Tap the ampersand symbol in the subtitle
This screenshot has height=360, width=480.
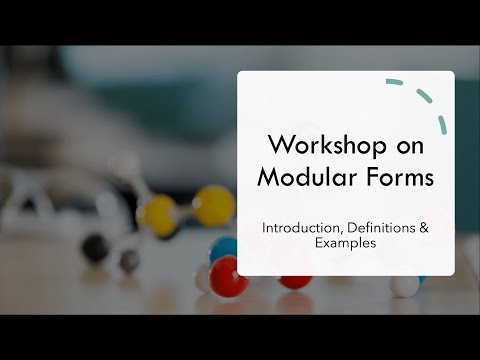[x=425, y=228]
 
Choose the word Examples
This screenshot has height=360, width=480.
[x=345, y=244]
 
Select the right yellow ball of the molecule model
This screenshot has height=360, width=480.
[x=214, y=205]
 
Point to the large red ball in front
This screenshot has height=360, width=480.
[x=228, y=276]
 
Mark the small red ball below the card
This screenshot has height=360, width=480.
[x=294, y=281]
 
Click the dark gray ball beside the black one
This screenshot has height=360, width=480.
[x=129, y=260]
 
